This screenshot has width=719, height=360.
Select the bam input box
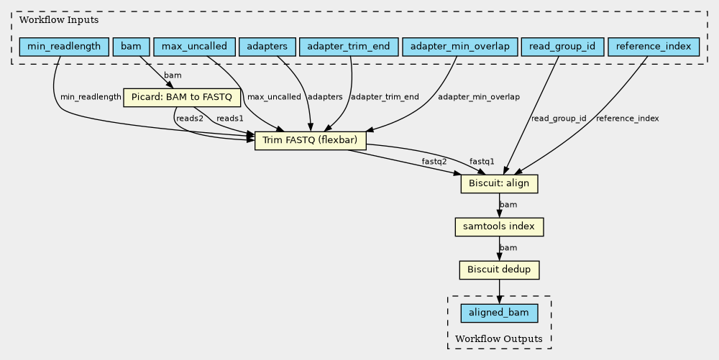tap(131, 47)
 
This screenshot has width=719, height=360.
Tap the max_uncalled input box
tap(194, 47)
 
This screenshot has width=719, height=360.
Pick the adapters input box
tap(267, 47)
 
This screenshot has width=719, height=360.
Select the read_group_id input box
tap(562, 47)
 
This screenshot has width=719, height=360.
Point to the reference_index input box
tap(654, 47)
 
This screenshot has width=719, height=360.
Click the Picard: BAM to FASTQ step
tap(182, 97)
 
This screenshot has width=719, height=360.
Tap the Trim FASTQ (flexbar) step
tap(310, 140)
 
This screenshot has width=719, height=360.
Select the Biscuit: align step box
tap(499, 184)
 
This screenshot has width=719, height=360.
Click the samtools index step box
tap(499, 227)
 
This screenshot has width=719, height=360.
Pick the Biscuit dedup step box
tap(499, 270)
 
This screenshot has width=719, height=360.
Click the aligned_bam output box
tap(499, 313)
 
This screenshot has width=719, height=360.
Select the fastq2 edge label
tap(434, 162)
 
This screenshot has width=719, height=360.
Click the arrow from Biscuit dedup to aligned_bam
tap(499, 291)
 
